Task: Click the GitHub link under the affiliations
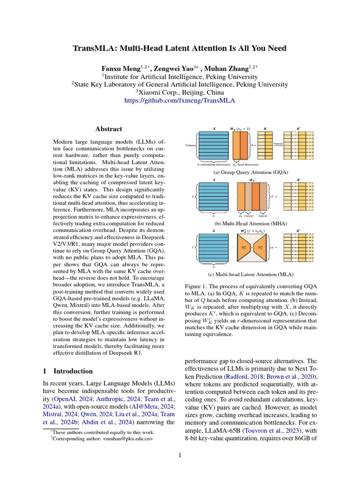tap(180, 100)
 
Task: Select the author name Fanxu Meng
tap(122, 67)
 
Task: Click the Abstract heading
tap(109, 129)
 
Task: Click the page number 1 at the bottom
tap(180, 454)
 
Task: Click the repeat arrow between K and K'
tap(277, 145)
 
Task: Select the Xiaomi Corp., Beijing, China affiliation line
tap(180, 92)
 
